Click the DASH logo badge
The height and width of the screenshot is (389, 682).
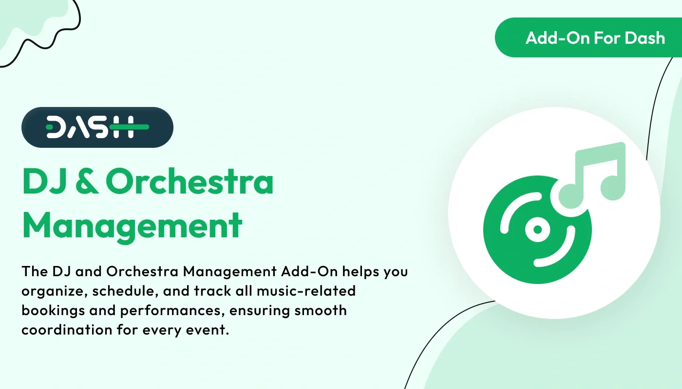[97, 127]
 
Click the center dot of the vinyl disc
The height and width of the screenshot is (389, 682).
[537, 229]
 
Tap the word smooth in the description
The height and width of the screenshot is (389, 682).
[320, 310]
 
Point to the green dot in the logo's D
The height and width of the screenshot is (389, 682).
[50, 127]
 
